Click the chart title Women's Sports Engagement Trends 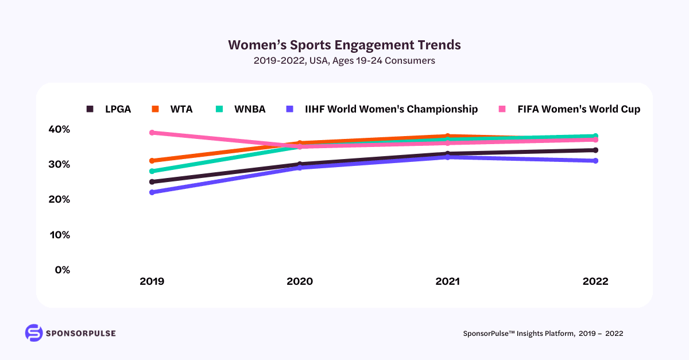344,45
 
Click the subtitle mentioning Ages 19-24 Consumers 344,60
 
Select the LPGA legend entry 109,109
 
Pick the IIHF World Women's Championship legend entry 382,109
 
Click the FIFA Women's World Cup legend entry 568,109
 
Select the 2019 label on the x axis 152,282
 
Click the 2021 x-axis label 447,282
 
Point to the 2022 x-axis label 595,282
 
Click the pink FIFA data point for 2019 152,133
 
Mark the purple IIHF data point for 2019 152,192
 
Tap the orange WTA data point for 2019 152,161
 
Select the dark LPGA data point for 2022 595,150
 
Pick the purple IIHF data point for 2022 595,161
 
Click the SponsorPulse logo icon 34,333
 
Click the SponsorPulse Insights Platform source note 543,334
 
